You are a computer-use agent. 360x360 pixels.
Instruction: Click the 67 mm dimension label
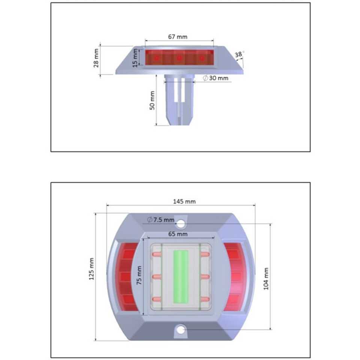pyautogui.click(x=178, y=37)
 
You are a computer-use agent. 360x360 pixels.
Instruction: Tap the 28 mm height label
pyautogui.click(x=96, y=58)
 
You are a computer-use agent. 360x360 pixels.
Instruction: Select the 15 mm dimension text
pyautogui.click(x=135, y=58)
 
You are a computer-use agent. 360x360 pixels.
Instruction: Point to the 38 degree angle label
pyautogui.click(x=239, y=54)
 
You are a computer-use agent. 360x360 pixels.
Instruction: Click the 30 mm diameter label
pyautogui.click(x=216, y=78)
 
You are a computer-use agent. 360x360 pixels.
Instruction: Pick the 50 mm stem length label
pyautogui.click(x=152, y=100)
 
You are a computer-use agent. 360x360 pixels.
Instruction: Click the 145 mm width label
pyautogui.click(x=184, y=202)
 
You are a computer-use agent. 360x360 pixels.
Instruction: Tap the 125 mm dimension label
pyautogui.click(x=91, y=269)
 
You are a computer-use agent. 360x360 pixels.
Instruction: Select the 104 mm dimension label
pyautogui.click(x=266, y=279)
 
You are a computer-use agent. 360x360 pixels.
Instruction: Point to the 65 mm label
pyautogui.click(x=178, y=234)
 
